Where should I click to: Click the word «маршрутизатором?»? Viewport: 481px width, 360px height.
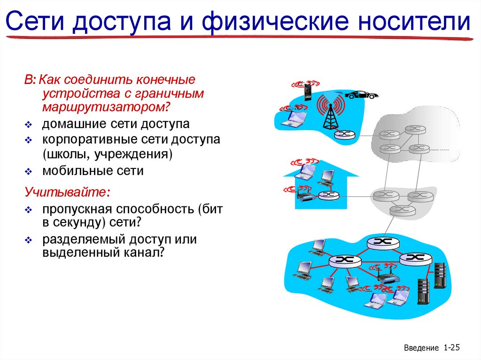click(x=106, y=107)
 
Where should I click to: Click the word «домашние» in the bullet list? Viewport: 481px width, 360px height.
click(x=71, y=124)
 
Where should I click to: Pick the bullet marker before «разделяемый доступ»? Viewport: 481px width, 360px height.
click(x=28, y=240)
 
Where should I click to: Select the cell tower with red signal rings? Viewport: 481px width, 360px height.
click(x=330, y=113)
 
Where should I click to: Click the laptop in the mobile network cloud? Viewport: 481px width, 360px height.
click(x=295, y=118)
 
